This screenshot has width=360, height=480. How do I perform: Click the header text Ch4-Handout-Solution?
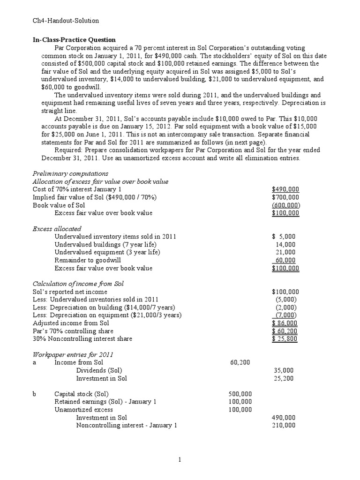click(x=66, y=21)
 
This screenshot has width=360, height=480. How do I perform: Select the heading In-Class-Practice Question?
click(x=74, y=40)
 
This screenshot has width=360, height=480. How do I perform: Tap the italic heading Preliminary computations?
click(x=70, y=173)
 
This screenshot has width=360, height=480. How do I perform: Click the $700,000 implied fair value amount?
click(x=286, y=197)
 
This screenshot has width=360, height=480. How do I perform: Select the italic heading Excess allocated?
click(x=55, y=229)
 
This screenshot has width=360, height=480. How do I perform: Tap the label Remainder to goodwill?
click(x=88, y=261)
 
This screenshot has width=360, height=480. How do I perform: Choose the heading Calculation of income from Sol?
click(x=78, y=284)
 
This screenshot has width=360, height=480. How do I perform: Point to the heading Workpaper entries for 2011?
click(x=73, y=354)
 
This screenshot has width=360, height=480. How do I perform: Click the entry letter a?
click(x=34, y=362)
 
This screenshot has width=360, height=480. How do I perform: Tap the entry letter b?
click(x=35, y=394)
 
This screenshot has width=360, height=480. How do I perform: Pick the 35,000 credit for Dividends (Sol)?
click(x=284, y=370)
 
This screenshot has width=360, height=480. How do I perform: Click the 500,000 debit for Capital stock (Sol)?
click(x=240, y=394)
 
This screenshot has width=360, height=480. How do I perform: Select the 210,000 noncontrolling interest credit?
click(x=284, y=425)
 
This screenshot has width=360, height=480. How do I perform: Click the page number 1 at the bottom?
click(x=180, y=460)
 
